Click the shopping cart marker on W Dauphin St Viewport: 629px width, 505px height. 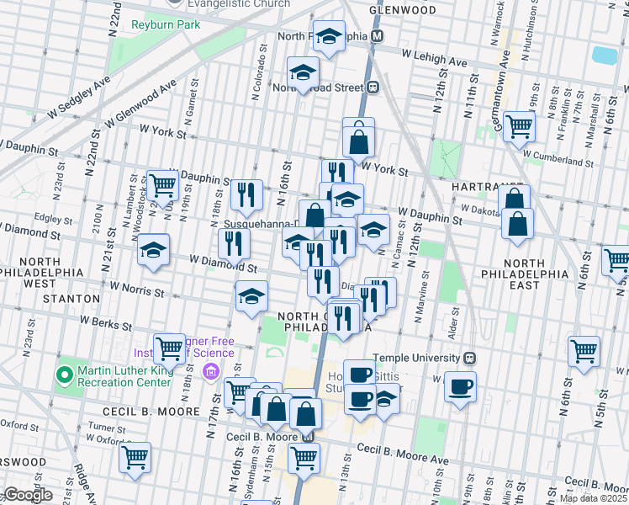coord(162,184)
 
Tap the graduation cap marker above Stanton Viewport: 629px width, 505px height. coord(154,250)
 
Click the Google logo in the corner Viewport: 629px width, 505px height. coord(27,495)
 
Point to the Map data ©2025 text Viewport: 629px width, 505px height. coord(593,498)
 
